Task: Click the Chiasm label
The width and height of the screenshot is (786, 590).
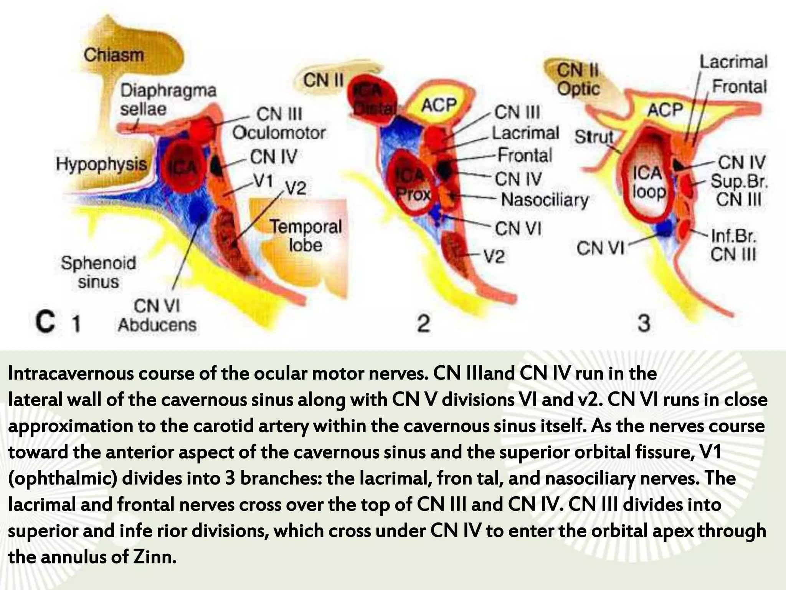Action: point(114,55)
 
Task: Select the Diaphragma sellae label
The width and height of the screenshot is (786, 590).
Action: point(168,100)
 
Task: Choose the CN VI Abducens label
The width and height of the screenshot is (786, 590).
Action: point(157,316)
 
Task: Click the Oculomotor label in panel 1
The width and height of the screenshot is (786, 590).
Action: point(279,133)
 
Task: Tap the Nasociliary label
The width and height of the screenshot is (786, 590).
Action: point(545,200)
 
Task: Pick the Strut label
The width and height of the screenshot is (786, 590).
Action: point(594,137)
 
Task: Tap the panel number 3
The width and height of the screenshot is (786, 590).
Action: point(644,323)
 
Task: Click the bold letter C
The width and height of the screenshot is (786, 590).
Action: point(46,322)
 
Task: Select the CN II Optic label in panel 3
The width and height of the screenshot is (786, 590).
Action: point(578,80)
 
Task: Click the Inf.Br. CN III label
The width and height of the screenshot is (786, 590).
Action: point(733,245)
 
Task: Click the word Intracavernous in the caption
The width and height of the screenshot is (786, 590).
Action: point(70,373)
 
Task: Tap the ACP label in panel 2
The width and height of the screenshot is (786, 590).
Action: point(439,104)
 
